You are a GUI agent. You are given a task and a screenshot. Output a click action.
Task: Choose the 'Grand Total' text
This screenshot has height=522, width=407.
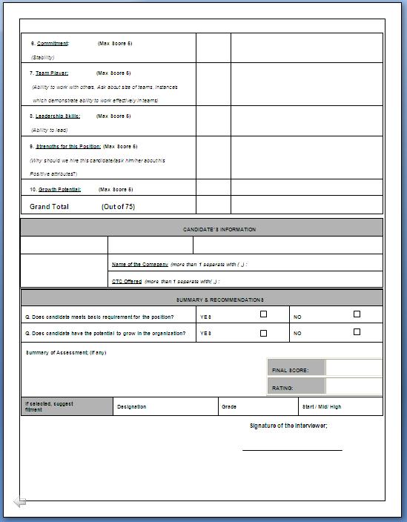coord(49,207)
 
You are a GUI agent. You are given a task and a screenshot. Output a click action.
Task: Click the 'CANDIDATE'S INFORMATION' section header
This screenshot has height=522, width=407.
coord(219,229)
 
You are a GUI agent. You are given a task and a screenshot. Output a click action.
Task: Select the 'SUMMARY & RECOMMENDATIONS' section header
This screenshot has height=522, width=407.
coord(219,300)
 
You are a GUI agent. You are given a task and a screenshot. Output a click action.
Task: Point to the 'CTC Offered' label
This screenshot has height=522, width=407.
coord(127,282)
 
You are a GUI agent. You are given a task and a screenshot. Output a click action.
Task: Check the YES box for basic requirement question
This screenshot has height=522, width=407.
coord(263,314)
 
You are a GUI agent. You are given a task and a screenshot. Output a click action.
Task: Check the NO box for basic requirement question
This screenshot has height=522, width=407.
coord(357,314)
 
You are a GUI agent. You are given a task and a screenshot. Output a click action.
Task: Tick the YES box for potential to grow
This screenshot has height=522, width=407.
coord(263,333)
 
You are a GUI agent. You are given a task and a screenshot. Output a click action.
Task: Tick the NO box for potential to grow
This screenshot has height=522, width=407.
coord(357,332)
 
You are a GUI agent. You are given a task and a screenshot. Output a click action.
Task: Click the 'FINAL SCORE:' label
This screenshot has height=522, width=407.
coord(290,370)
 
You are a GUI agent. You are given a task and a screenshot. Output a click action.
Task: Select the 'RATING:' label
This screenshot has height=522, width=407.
coord(282,388)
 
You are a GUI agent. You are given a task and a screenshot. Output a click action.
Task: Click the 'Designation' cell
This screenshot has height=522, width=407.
coord(131,407)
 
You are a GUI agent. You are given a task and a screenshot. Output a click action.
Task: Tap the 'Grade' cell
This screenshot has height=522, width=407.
coord(229,407)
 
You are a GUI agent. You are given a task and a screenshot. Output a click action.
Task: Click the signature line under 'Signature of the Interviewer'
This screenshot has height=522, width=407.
coord(292,449)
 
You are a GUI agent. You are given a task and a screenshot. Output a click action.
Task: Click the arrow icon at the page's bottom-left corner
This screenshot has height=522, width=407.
coord(19,502)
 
